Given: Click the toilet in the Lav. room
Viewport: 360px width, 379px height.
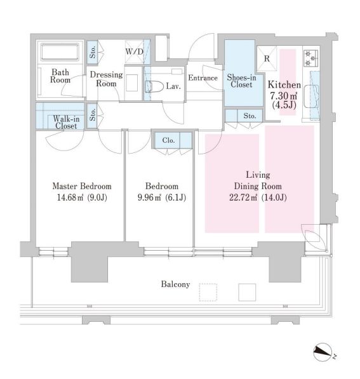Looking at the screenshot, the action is click(x=154, y=86).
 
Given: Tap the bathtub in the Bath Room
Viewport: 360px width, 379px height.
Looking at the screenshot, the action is click(x=60, y=52).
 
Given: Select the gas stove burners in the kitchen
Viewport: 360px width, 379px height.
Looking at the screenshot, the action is click(x=310, y=58).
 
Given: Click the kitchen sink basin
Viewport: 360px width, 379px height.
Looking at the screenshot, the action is click(x=310, y=96).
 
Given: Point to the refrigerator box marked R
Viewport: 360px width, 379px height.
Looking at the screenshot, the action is click(x=267, y=58).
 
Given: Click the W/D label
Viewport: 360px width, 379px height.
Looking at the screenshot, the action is click(x=135, y=51).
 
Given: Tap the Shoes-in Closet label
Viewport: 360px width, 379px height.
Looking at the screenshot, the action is click(x=241, y=81).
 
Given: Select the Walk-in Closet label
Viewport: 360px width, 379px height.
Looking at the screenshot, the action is click(x=66, y=123).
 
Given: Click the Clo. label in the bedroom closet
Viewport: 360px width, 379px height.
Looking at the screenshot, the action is click(x=168, y=140).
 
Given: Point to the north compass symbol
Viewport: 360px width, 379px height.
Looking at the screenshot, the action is click(x=323, y=352).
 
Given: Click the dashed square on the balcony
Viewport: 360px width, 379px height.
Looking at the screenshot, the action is click(x=208, y=292).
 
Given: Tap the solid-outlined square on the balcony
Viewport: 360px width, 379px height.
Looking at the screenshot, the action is click(x=247, y=292).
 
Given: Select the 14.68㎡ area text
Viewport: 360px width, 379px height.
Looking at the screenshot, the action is click(x=70, y=197).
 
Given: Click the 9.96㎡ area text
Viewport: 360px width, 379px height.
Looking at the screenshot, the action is click(x=149, y=197).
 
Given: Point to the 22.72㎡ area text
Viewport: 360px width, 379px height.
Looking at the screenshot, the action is click(x=243, y=197).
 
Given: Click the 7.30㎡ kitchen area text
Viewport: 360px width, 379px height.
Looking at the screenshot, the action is click(x=284, y=96).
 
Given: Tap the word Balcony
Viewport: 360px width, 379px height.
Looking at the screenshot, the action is click(x=175, y=284).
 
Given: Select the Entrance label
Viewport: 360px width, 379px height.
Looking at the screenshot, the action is click(x=203, y=78).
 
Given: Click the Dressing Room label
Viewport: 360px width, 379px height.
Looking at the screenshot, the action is click(x=106, y=79).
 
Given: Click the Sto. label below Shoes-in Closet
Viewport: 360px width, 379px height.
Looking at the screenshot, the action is click(x=250, y=116).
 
